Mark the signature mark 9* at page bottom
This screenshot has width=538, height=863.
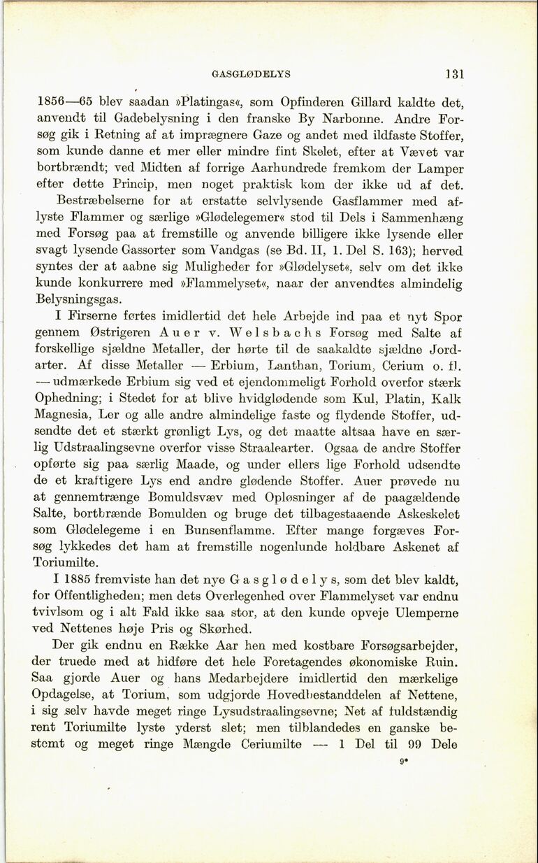403,764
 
